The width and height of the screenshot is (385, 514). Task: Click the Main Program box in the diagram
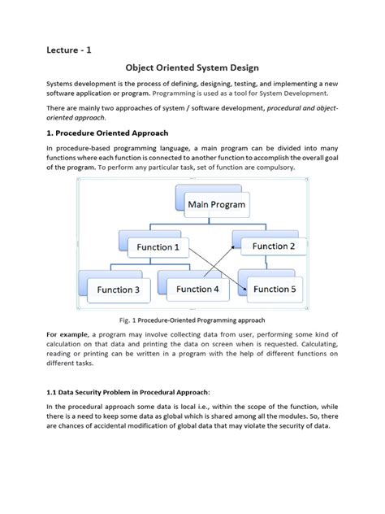click(x=216, y=204)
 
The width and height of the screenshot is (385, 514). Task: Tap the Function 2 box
click(x=273, y=246)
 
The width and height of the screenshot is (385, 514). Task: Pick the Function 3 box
click(x=118, y=289)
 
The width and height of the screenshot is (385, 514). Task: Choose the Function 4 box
click(x=197, y=288)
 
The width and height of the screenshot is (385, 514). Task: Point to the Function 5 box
click(x=274, y=288)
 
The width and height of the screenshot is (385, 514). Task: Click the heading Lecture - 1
click(x=68, y=50)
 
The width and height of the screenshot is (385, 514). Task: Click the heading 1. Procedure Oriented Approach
click(x=112, y=134)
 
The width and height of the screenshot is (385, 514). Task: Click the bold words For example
click(x=69, y=334)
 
